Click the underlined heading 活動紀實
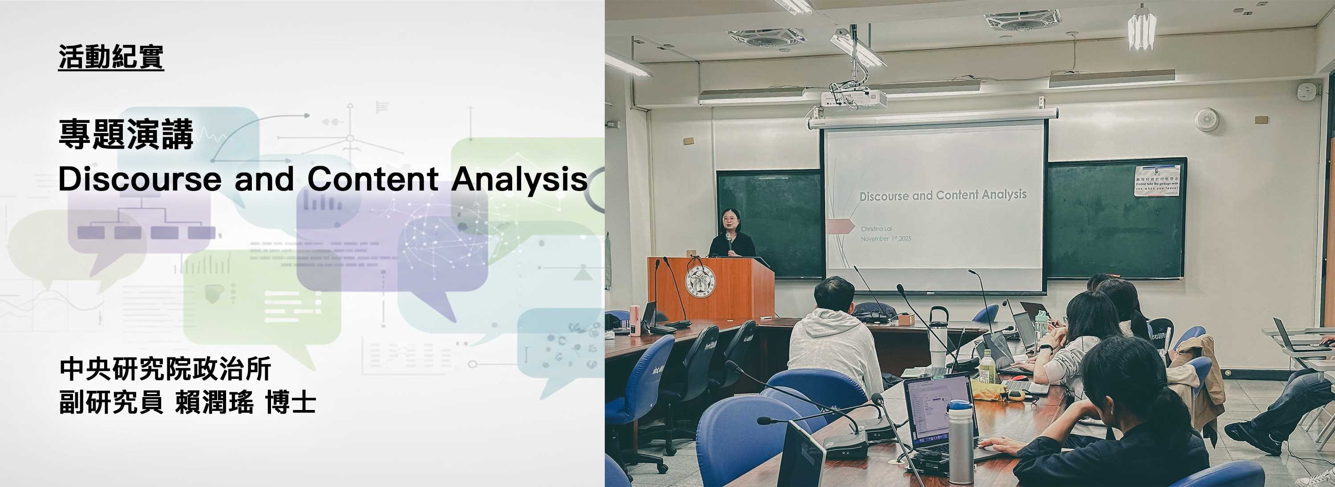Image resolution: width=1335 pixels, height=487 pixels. [111, 57]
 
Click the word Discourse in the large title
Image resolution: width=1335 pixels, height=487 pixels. [139, 179]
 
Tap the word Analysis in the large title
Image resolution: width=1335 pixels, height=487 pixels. [519, 179]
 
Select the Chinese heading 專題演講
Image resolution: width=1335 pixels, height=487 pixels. [126, 134]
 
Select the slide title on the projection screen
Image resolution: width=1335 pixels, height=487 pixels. [943, 195]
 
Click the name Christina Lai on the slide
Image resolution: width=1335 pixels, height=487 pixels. [876, 229]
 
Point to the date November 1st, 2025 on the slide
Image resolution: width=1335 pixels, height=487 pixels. [886, 239]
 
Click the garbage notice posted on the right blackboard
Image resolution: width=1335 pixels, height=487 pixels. [1156, 180]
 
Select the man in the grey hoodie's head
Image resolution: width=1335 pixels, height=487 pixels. [834, 293]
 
